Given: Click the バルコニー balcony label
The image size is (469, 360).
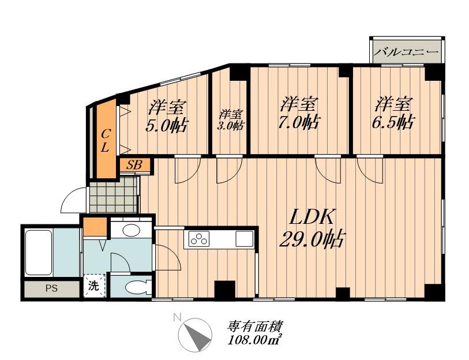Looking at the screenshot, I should (406, 52).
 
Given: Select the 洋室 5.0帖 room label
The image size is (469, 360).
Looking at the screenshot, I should (167, 116).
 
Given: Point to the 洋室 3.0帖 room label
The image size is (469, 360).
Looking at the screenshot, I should (230, 119).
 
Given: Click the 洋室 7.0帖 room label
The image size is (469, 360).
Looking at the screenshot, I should (300, 114).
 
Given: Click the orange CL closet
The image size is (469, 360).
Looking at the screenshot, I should (106, 140).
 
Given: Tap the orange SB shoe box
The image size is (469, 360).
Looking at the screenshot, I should (134, 165).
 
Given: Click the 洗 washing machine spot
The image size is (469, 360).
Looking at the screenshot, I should (93, 285).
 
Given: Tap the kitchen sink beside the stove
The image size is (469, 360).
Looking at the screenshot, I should (243, 238).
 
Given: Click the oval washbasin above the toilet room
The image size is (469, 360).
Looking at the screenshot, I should (132, 230).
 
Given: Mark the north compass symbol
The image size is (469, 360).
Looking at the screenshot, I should (194, 335).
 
